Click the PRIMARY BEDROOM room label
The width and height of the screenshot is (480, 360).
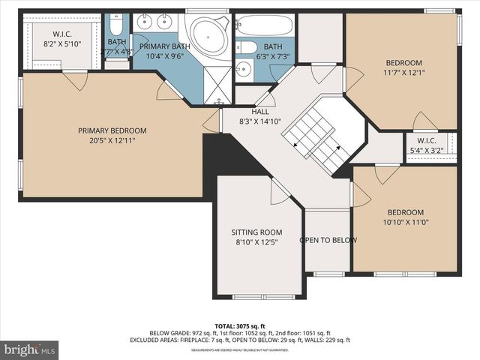112,130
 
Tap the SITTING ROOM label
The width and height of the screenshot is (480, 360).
256,232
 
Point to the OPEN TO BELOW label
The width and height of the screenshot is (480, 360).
328,241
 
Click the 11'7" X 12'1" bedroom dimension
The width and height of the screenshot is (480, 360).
403,73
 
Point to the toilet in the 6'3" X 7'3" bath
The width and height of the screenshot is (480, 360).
247,48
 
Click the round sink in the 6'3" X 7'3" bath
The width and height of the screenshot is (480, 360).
241,70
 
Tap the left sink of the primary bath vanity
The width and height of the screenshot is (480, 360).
145,21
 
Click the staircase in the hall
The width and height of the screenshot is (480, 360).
315,135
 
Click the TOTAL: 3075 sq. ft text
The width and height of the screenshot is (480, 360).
239,325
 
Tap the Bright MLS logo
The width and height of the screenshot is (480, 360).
30,349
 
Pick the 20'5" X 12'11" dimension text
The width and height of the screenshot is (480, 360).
112,140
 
